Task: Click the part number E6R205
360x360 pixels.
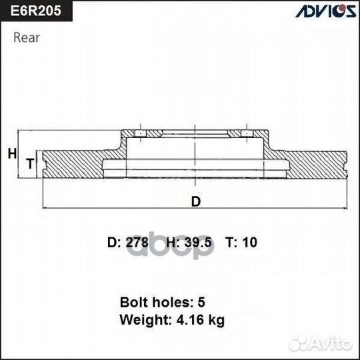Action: click(33, 12)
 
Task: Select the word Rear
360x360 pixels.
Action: click(26, 37)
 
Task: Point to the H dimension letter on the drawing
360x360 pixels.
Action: click(11, 154)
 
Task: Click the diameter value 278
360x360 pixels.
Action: click(137, 243)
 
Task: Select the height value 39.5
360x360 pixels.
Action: click(198, 243)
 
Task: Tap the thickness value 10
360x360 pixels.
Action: click(250, 243)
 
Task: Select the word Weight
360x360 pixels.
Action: click(142, 320)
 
